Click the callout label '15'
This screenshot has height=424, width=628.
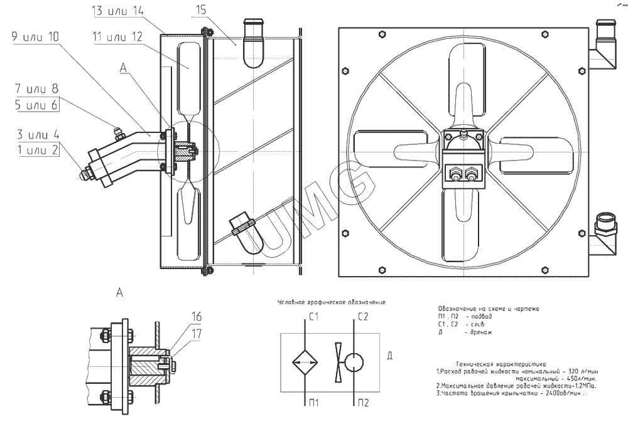pyautogui.click(x=201, y=9)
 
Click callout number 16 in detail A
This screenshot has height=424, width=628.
pyautogui.click(x=197, y=315)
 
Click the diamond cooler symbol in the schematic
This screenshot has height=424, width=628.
pyautogui.click(x=306, y=362)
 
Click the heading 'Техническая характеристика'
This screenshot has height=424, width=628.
pyautogui.click(x=501, y=363)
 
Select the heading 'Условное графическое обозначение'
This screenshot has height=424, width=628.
pyautogui.click(x=332, y=302)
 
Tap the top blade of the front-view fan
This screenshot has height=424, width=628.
pyautogui.click(x=463, y=88)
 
